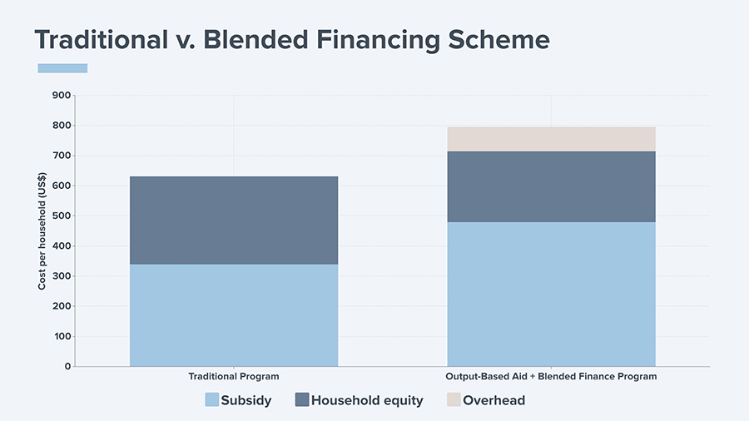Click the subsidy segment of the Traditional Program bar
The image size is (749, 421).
tap(234, 315)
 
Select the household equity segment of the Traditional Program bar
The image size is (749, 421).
tap(234, 220)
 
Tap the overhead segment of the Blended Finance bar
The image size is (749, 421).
tap(551, 139)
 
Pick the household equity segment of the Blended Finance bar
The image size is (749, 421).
tap(551, 186)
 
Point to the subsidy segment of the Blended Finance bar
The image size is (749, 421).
tap(551, 294)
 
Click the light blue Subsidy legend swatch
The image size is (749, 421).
tap(212, 399)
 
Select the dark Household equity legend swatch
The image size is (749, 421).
tap(302, 399)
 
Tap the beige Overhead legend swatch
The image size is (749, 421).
tap(454, 399)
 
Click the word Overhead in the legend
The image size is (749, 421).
tap(494, 400)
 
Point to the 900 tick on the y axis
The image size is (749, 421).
tap(62, 96)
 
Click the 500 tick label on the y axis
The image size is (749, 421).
tap(62, 215)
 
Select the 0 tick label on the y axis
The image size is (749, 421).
tap(68, 367)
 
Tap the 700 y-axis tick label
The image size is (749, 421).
tap(62, 156)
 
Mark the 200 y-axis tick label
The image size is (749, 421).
tap(62, 306)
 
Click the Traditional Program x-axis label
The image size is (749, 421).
tap(234, 377)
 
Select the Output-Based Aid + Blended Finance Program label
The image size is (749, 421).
tap(551, 377)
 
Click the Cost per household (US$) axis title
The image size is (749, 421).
tap(42, 231)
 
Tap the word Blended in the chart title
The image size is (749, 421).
tap(255, 39)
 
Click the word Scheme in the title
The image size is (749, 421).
tap(499, 39)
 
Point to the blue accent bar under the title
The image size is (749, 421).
tap(62, 68)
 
